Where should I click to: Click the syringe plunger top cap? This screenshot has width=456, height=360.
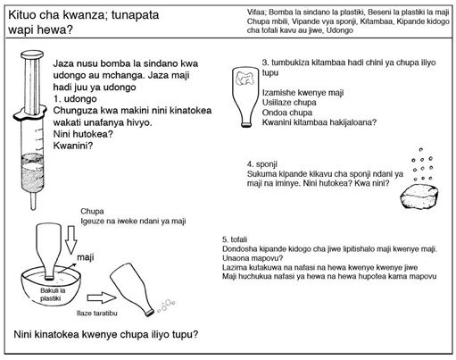click(x=32, y=54)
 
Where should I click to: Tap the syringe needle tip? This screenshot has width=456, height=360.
click(x=33, y=209)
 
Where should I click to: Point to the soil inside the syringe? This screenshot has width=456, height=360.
click(x=32, y=172)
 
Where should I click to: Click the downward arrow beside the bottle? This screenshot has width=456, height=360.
click(x=71, y=240)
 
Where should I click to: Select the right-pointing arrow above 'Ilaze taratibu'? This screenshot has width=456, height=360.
click(x=102, y=297)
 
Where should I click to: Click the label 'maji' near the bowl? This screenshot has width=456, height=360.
click(x=86, y=257)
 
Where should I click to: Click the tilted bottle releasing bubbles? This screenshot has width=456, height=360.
click(x=132, y=289)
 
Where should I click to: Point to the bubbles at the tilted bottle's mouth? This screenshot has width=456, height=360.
click(x=166, y=306)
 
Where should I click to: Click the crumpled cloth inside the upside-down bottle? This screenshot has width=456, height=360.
click(x=245, y=78)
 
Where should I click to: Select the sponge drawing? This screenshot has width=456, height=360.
click(x=419, y=197)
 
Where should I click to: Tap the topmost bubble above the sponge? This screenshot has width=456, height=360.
click(x=420, y=149)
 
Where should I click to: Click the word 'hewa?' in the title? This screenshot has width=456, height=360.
click(x=55, y=29)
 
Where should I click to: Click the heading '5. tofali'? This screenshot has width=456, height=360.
click(x=235, y=239)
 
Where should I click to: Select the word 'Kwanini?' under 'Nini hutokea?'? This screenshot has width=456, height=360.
click(x=73, y=146)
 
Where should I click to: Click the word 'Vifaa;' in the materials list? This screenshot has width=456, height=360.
click(x=257, y=13)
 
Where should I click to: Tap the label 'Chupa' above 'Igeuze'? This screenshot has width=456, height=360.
click(x=92, y=212)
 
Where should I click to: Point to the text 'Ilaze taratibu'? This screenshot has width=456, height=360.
click(x=97, y=314)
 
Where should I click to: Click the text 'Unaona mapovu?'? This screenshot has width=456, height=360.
click(x=253, y=258)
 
